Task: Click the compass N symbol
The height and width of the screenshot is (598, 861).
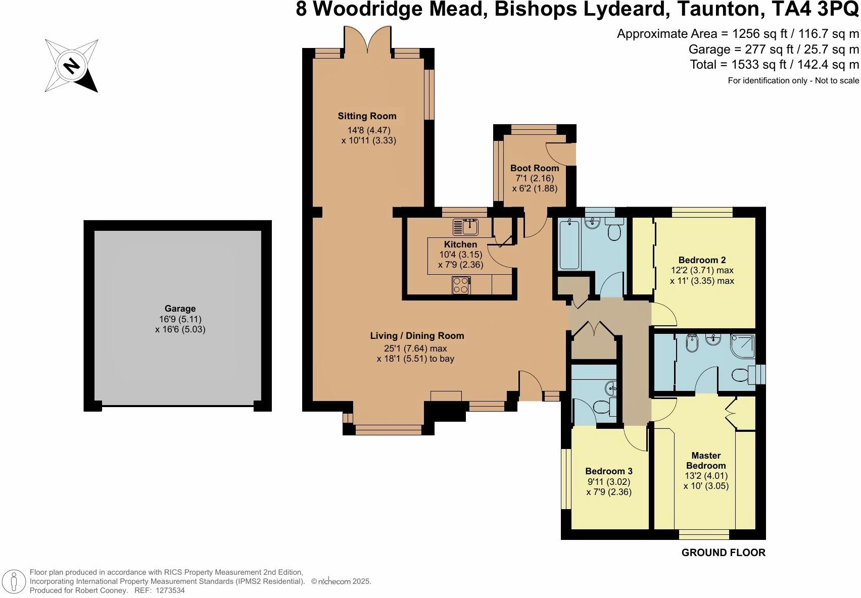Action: (72, 65)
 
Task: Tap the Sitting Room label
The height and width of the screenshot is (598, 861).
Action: (367, 116)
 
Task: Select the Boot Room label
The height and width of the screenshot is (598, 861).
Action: (534, 168)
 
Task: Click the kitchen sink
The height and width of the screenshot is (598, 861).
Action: (465, 227)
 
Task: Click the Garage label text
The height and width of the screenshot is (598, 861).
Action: (180, 309)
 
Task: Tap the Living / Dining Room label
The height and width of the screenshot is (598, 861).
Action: (417, 336)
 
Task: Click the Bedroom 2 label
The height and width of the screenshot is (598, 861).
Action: (702, 260)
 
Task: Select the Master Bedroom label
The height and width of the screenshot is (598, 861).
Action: (706, 460)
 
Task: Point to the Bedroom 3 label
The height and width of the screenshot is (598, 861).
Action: (609, 471)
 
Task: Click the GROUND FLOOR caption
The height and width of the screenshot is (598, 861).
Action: (723, 553)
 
